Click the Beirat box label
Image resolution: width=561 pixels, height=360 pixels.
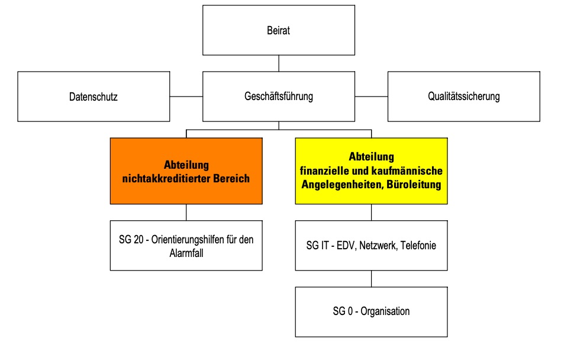(278, 30)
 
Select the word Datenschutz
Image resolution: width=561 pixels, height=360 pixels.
(93, 97)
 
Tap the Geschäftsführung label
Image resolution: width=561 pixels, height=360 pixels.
(279, 97)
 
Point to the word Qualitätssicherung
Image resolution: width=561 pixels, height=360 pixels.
(464, 97)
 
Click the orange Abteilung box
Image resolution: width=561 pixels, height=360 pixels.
(186, 171)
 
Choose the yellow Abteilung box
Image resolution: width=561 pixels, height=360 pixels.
(372, 171)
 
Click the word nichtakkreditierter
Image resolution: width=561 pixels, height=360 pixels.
(166, 179)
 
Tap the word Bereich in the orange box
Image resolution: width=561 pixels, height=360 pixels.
(231, 179)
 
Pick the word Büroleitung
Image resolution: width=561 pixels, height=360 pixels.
(414, 185)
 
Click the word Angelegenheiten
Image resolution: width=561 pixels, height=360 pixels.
(343, 185)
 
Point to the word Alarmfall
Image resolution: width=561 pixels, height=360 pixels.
(186, 253)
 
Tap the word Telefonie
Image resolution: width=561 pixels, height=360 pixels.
(418, 246)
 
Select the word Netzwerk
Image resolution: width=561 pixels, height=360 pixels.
(379, 246)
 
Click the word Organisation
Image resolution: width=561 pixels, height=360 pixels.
(385, 311)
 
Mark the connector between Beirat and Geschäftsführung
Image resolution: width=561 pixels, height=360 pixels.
(279, 63)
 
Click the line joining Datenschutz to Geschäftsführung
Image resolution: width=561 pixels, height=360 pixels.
(186, 97)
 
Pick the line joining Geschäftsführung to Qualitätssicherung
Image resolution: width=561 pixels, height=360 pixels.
(372, 97)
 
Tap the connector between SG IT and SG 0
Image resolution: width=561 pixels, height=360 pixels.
(372, 279)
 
